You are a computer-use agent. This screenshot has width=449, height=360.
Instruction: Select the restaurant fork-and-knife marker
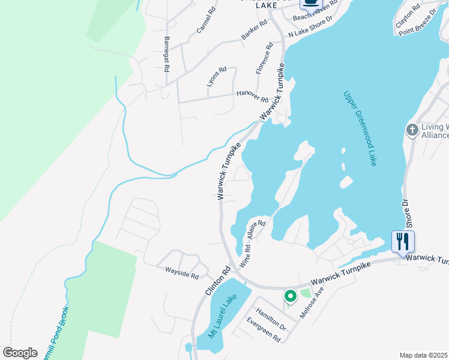(x=403, y=242)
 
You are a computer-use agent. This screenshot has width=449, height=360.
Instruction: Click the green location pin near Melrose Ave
(x=290, y=296)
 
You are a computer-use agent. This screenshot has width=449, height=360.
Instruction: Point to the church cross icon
(x=412, y=130)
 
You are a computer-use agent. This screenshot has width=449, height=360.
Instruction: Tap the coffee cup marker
(x=310, y=2)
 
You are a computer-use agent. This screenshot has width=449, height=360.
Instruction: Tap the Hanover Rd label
(x=252, y=95)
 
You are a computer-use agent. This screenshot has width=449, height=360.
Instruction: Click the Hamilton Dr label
(x=271, y=319)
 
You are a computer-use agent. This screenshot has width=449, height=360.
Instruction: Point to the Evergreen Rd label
(x=264, y=329)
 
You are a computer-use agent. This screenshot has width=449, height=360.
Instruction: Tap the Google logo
(x=20, y=353)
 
